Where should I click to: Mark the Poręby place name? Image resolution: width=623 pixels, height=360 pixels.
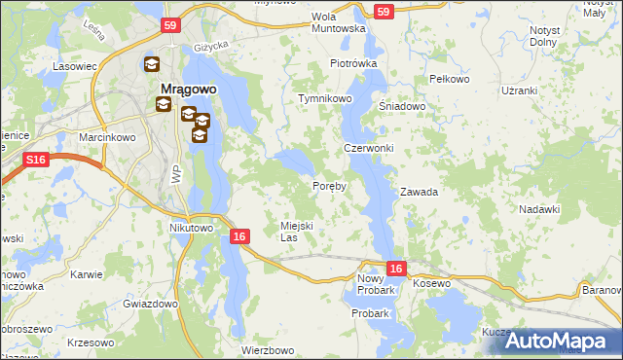click(329, 186)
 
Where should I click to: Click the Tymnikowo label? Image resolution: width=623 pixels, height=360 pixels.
click(325, 99)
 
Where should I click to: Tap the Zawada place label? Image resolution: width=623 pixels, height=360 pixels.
click(419, 192)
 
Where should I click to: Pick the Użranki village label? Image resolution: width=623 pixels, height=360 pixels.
click(519, 90)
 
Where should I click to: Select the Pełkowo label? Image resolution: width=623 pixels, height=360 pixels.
click(449, 79)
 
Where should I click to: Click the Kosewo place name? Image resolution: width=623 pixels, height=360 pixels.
click(432, 282)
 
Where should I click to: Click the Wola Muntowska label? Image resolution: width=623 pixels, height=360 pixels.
click(338, 22)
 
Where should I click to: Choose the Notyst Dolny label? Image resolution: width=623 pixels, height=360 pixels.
click(545, 36)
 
